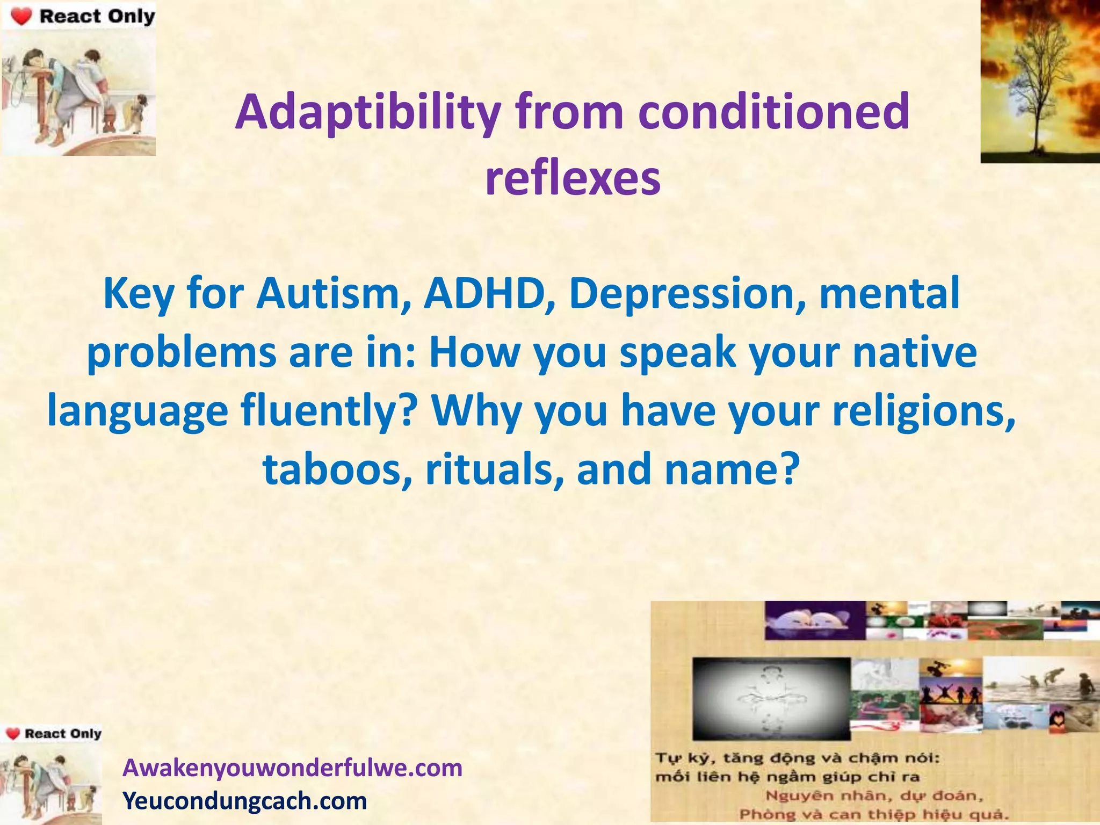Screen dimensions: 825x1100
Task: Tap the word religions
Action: coord(924,410)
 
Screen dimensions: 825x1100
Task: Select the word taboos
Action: coord(338,468)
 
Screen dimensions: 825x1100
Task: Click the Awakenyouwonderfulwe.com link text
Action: coord(293,768)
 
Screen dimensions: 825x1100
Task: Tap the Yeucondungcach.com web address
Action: coord(245,801)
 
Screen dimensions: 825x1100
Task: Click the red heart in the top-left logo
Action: coord(21,17)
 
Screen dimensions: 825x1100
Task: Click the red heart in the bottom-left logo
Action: coord(13,734)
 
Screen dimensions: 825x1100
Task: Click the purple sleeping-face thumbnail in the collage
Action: coord(814,621)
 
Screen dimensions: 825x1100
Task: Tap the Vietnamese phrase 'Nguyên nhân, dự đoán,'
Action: coord(874,795)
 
